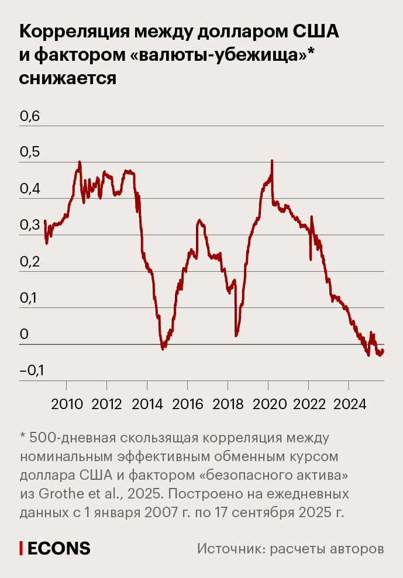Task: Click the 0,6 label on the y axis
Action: pyautogui.click(x=30, y=116)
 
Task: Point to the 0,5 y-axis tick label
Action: pyautogui.click(x=30, y=153)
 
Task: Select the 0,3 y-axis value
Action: pyautogui.click(x=30, y=226)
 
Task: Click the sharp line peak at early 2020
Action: pyautogui.click(x=272, y=161)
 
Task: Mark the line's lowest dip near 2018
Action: pyautogui.click(x=236, y=335)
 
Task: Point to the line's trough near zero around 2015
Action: pyautogui.click(x=163, y=348)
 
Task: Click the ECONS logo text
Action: pyautogui.click(x=58, y=548)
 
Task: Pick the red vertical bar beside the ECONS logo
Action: pyautogui.click(x=21, y=548)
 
